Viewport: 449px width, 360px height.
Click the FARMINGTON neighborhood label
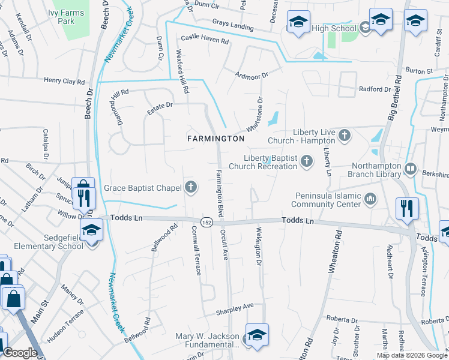tap(215, 139)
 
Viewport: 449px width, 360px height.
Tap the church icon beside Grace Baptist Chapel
tap(191, 188)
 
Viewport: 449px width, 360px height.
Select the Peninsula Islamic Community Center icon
tap(370, 198)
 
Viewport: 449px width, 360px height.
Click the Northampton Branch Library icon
tap(411, 169)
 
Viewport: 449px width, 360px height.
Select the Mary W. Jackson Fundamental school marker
tap(257, 335)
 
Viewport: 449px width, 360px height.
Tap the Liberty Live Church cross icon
tap(345, 136)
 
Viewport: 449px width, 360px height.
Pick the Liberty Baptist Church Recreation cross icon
tap(307, 161)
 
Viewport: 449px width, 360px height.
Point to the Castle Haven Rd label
tap(205, 41)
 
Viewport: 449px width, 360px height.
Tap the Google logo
tap(20, 353)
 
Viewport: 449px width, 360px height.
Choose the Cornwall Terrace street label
tap(195, 250)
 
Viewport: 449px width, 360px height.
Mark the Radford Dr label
tap(375, 89)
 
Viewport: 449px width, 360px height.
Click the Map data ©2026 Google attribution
tap(411, 355)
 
